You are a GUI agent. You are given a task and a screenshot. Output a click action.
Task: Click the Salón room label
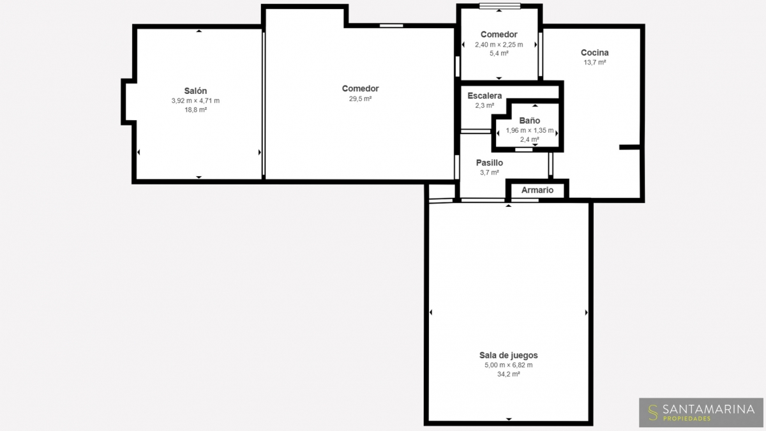[195, 91]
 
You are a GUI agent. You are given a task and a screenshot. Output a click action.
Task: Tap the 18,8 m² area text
[195, 110]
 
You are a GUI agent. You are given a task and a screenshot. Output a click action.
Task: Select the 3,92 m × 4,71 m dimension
[195, 101]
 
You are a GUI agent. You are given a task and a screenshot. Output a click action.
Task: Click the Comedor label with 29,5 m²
[361, 89]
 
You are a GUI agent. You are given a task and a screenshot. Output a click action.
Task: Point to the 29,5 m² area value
[361, 99]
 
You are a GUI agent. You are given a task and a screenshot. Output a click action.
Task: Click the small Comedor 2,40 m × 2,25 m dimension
[499, 45]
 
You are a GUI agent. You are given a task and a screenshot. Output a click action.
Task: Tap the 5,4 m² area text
[499, 54]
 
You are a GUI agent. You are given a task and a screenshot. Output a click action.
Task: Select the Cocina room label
[595, 52]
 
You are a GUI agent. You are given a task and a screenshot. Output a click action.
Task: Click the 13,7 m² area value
[595, 63]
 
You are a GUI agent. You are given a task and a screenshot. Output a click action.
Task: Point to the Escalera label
[484, 96]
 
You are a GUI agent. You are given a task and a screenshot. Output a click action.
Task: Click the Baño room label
[530, 121]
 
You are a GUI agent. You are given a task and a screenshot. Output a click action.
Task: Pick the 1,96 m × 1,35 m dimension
[530, 130]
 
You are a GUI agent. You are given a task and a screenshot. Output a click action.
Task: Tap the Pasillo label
[490, 163]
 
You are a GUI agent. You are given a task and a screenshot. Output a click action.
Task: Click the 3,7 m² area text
[490, 173]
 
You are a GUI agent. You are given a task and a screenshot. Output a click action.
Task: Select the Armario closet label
[537, 190]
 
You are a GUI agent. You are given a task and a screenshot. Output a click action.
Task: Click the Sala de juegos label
[509, 356]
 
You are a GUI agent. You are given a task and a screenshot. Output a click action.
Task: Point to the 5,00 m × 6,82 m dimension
[509, 365]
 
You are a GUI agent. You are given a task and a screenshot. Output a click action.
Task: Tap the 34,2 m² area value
[509, 374]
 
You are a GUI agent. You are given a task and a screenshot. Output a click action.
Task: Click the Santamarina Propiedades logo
[701, 412]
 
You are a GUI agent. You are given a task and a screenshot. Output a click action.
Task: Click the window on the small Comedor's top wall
[500, 6]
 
